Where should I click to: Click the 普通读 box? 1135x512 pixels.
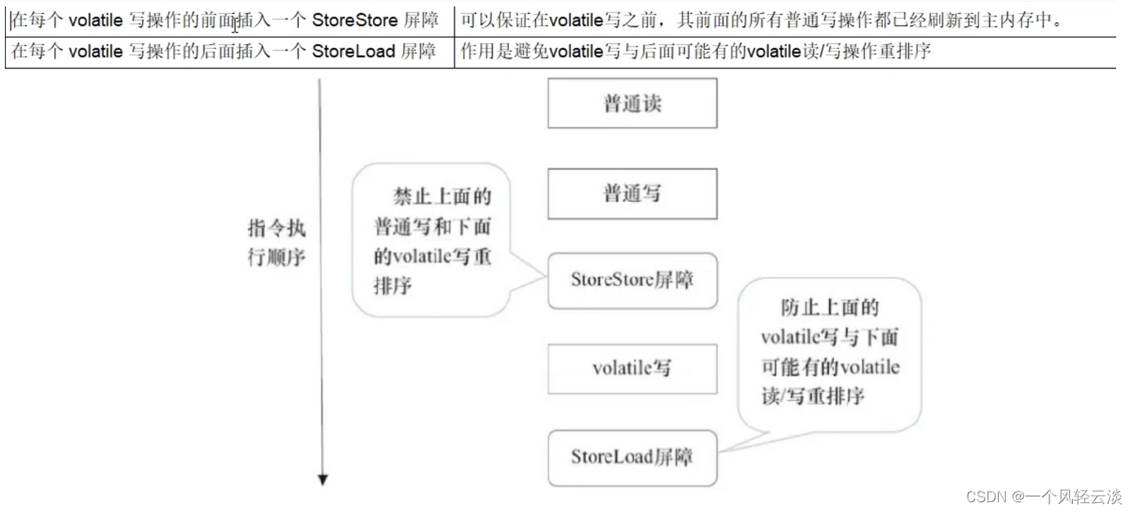[632, 104]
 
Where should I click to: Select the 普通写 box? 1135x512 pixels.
[632, 194]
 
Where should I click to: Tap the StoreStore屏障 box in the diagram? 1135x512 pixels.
[632, 280]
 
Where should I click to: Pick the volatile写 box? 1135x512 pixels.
[632, 368]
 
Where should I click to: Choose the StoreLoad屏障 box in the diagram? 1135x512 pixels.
[632, 457]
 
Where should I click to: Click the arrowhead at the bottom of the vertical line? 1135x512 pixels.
[322, 480]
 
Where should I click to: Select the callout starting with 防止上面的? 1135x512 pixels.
[829, 352]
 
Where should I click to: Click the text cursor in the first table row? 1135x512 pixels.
[236, 23]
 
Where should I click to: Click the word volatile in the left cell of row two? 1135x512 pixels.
[95, 52]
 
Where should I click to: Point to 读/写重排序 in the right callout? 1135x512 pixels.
[813, 397]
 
